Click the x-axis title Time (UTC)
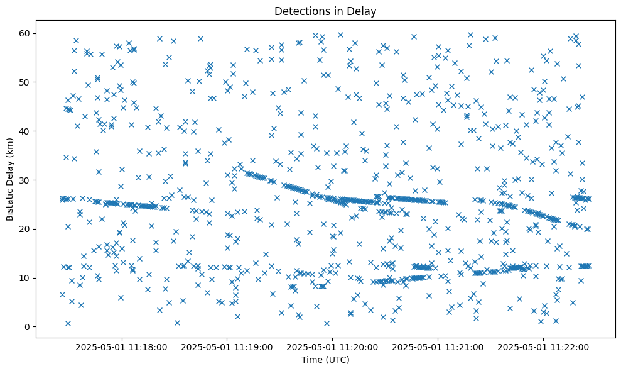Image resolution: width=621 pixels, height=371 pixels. tap(325, 360)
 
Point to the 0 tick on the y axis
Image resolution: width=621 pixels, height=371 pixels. tap(28, 327)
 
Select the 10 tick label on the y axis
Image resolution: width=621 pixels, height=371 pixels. tap(25, 278)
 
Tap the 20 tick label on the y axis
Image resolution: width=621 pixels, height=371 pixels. tap(25, 229)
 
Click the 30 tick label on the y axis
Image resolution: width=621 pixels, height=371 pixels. tap(25, 180)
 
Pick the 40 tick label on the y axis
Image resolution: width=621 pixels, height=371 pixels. tap(25, 131)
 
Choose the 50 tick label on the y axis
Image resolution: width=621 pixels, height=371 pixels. tap(25, 82)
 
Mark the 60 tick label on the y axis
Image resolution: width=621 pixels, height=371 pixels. tap(25, 33)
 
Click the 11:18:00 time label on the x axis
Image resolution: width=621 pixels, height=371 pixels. tap(121, 346)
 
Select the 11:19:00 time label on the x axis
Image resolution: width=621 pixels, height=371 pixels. tap(227, 346)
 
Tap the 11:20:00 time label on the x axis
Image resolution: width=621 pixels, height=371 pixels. tap(332, 346)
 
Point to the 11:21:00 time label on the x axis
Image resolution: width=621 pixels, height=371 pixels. tap(438, 346)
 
